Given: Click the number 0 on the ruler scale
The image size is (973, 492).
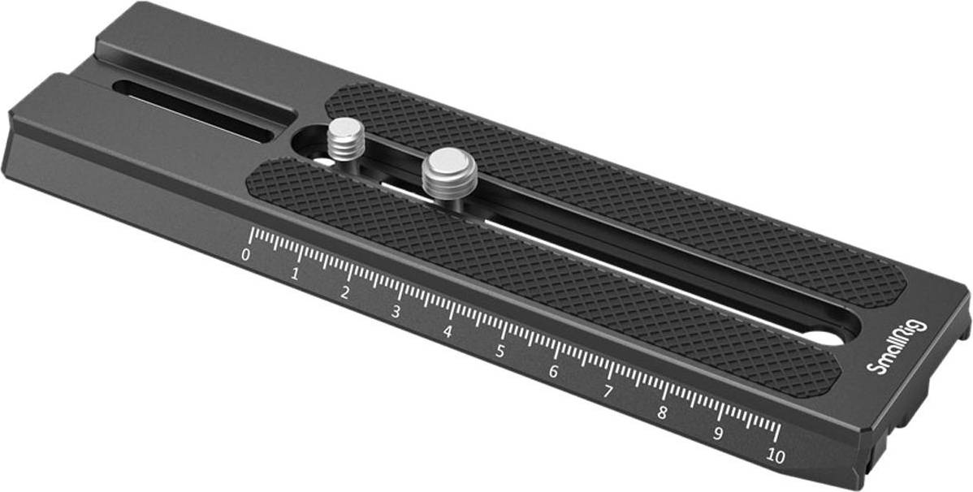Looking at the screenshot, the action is point(246,255).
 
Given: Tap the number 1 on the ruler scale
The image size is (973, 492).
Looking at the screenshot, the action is point(296,274).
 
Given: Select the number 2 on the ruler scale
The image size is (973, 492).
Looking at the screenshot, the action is point(345,293).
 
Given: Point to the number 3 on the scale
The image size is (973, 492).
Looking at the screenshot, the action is point(396,312).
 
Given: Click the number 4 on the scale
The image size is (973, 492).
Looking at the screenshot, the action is point(448,332).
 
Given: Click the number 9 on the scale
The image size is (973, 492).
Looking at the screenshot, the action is point(719,434).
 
